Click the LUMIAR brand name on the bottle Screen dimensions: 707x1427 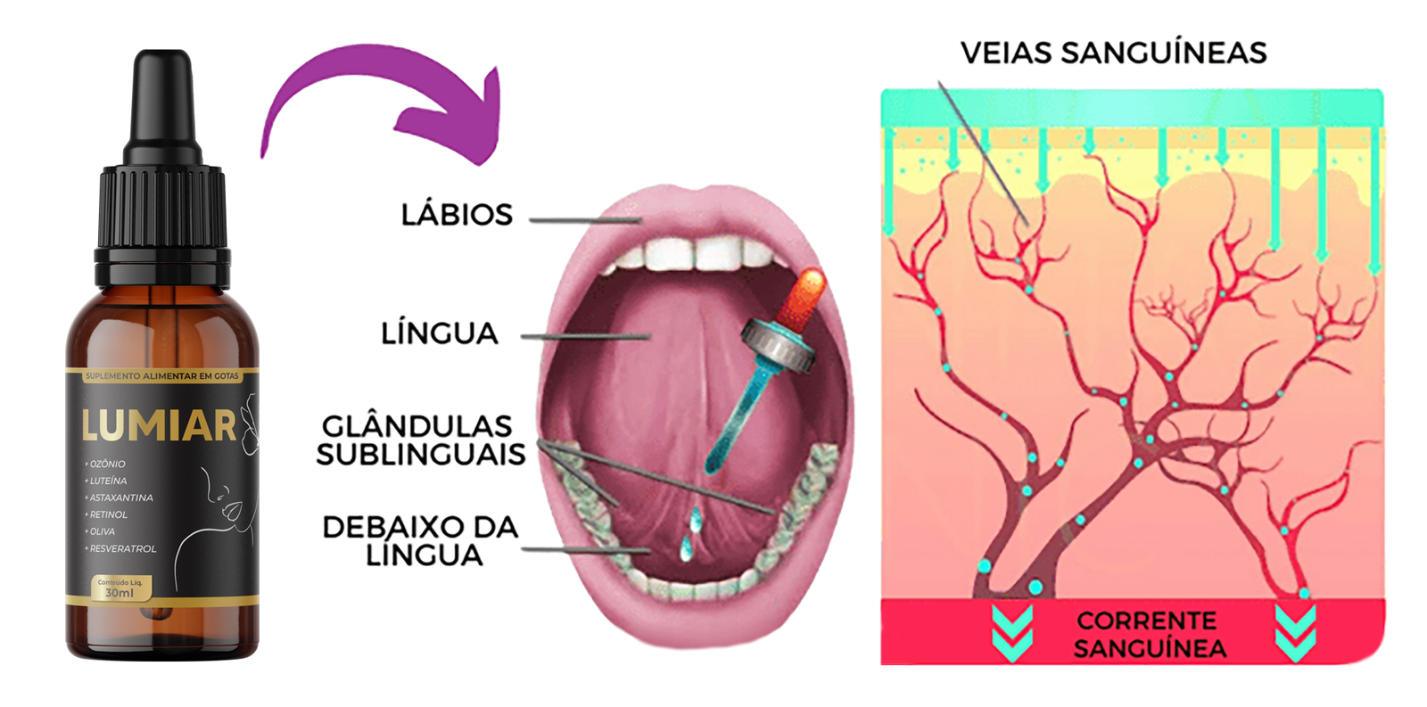click(159, 426)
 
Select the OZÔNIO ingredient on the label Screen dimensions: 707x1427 click(107, 464)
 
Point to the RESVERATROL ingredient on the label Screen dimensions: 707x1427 click(122, 548)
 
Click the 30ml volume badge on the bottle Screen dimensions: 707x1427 click(120, 589)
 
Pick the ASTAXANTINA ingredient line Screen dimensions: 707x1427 click(120, 497)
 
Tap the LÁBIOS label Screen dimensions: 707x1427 click(457, 215)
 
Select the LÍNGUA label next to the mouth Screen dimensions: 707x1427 click(439, 333)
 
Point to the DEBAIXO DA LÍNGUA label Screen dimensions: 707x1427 click(421, 540)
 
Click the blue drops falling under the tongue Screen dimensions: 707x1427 click(689, 536)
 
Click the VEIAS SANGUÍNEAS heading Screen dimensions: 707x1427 click(1113, 53)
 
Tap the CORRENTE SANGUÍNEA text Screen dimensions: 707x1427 click(1149, 634)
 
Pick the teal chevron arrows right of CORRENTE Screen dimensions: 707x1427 click(1295, 632)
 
